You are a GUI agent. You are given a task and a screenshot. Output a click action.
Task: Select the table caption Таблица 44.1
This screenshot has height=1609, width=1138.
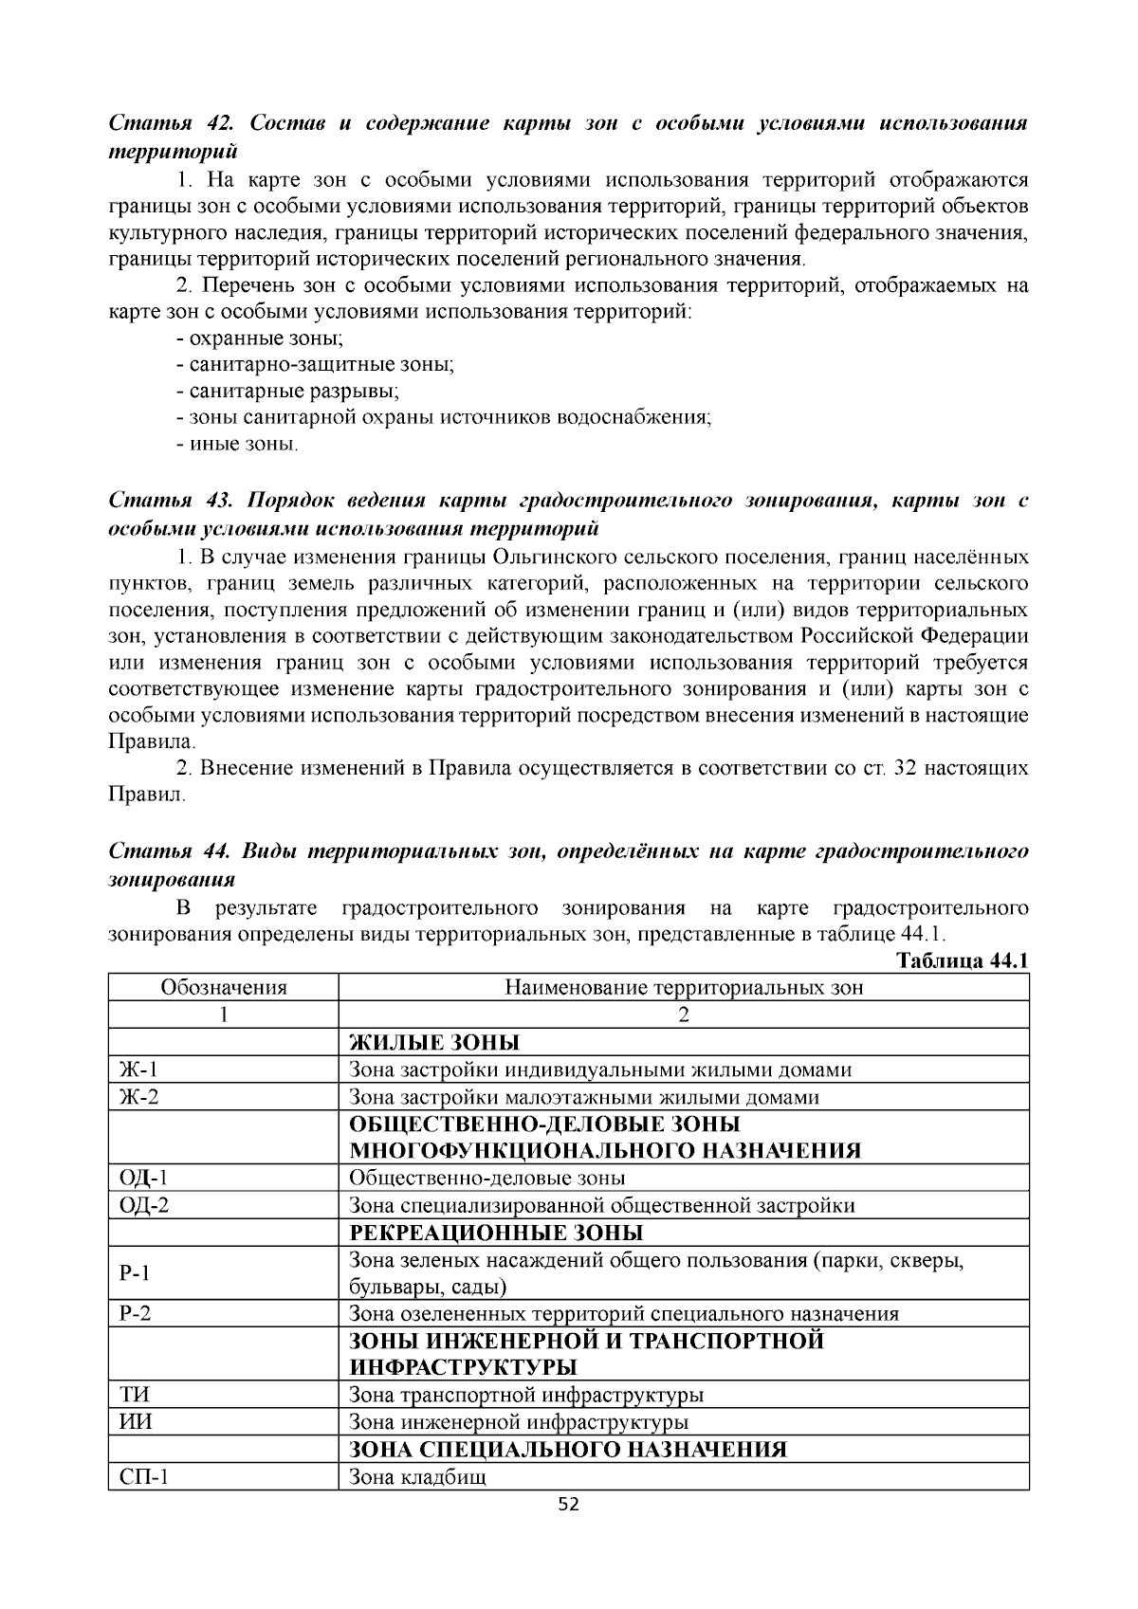[x=963, y=960]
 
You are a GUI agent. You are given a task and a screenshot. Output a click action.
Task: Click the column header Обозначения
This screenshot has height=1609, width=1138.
[x=224, y=988]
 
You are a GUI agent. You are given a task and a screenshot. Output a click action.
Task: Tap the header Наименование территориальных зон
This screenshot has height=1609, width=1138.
[x=683, y=988]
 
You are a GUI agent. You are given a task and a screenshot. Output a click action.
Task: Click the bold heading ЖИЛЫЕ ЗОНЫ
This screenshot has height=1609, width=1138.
[x=434, y=1043]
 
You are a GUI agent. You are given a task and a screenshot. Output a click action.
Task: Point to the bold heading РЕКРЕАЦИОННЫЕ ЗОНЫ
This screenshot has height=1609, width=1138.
[x=496, y=1233]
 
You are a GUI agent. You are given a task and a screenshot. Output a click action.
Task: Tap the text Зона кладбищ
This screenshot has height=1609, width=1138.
[x=417, y=1477]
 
